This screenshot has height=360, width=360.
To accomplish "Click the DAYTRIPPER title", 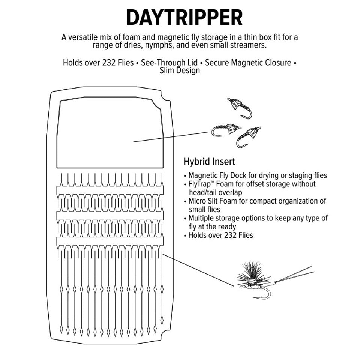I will click(184, 18).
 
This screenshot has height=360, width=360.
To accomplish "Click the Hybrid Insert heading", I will click(209, 162).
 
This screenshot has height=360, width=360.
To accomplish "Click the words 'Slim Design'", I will click(180, 70).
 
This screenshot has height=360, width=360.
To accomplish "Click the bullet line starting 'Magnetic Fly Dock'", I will click(257, 175).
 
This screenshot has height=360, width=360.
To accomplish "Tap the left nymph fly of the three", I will click(224, 130).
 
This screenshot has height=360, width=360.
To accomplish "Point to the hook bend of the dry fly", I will click(266, 294).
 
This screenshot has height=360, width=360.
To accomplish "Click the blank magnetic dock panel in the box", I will click(110, 133).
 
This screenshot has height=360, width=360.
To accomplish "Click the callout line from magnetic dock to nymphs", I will click(171, 137).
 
